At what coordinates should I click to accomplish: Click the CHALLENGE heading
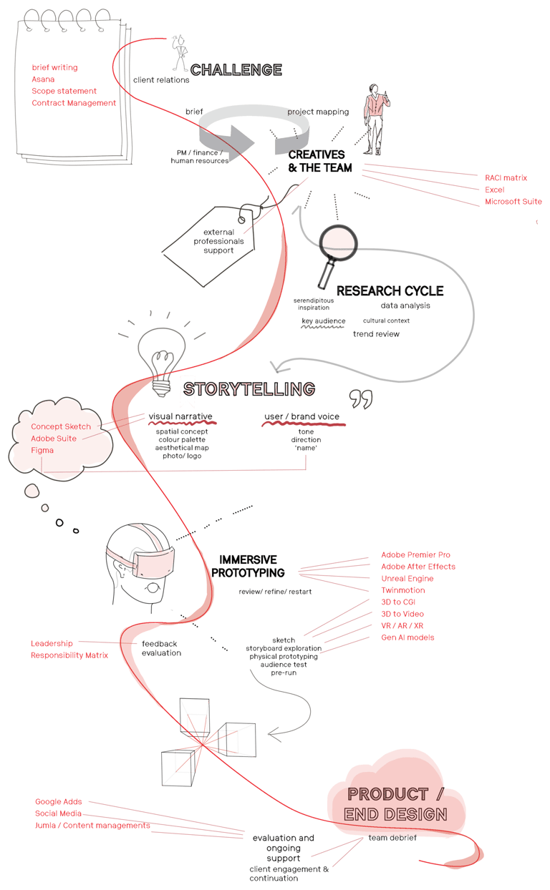(x=236, y=69)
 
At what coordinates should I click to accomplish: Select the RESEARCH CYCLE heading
(x=390, y=291)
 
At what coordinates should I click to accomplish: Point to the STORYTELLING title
(x=249, y=389)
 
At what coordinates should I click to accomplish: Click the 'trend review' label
(x=376, y=334)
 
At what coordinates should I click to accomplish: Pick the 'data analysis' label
(x=405, y=305)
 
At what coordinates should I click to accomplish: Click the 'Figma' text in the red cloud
(x=42, y=450)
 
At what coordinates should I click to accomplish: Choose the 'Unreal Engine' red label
(x=407, y=578)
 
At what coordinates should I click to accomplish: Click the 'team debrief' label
(x=392, y=837)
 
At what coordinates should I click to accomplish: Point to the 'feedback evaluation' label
(x=160, y=648)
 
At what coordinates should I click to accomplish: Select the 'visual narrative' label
(x=180, y=416)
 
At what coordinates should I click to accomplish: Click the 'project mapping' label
(x=318, y=112)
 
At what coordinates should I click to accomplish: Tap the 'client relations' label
(x=161, y=80)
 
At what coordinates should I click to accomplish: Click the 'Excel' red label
(x=493, y=190)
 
